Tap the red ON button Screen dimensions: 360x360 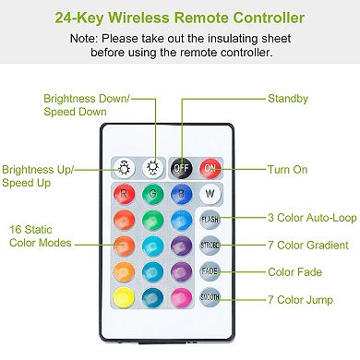pos(210,170)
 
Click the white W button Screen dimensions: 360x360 pos(210,195)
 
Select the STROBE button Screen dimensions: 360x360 pos(210,246)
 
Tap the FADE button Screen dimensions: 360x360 pos(210,271)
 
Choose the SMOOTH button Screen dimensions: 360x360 pos(210,296)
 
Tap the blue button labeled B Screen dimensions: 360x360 pos(181,195)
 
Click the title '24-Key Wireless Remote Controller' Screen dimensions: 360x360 pos(179,18)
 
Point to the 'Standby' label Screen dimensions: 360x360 pos(289,98)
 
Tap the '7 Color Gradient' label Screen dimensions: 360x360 pos(307,246)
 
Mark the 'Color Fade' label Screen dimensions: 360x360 pos(294,271)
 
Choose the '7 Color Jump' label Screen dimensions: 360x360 pos(301,300)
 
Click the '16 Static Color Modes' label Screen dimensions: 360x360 pos(41,234)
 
